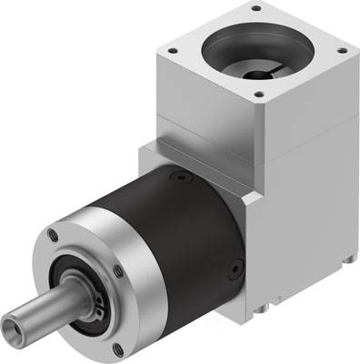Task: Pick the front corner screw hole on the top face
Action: click(x=258, y=93)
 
